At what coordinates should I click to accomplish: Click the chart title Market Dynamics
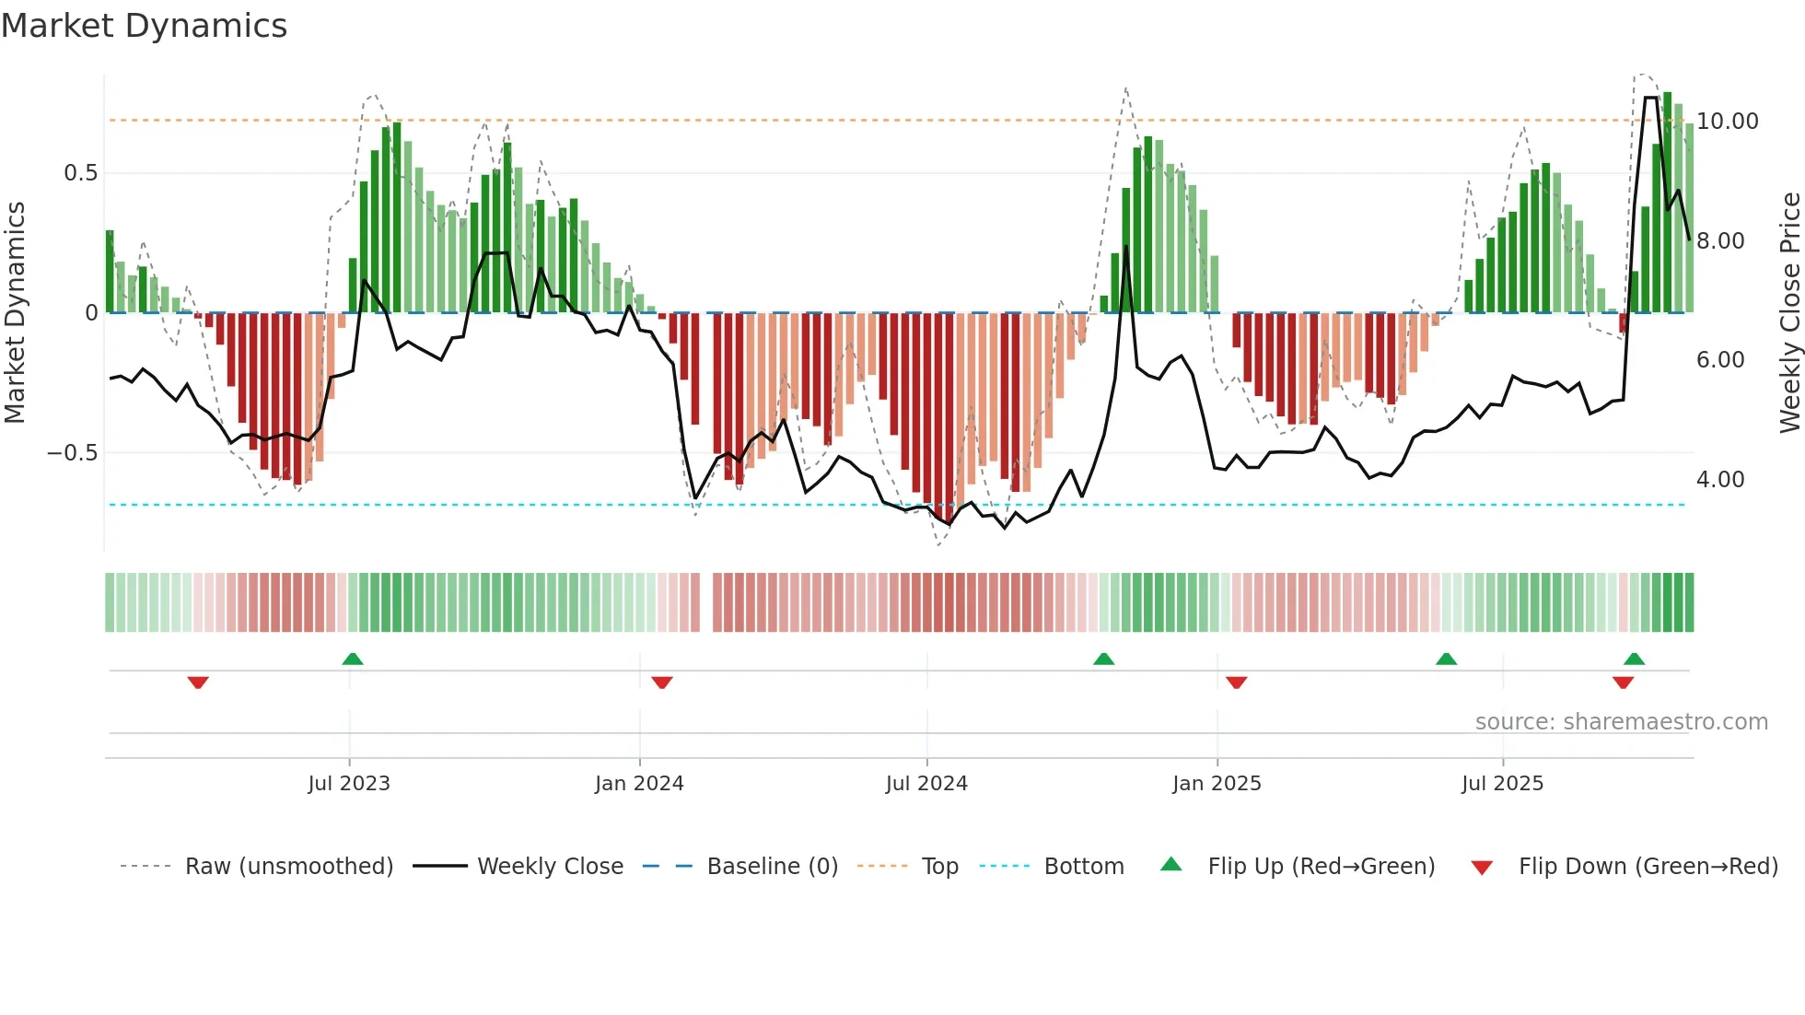[x=144, y=26]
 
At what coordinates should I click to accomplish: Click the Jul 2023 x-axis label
[x=349, y=784]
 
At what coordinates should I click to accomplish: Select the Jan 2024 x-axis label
[x=639, y=784]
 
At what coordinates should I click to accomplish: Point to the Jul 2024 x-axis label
[x=926, y=784]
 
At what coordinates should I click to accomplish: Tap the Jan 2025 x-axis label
[x=1217, y=784]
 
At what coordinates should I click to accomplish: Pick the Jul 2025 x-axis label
[x=1502, y=784]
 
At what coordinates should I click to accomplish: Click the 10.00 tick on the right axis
[x=1727, y=122]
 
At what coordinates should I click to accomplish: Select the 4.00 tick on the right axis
[x=1719, y=480]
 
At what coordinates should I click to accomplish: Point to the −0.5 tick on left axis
[x=72, y=453]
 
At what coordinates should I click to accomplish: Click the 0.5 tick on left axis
[x=80, y=173]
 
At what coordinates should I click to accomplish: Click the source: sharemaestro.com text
[x=1621, y=722]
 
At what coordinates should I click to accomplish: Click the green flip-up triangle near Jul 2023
[x=353, y=659]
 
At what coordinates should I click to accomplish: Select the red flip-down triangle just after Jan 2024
[x=662, y=682]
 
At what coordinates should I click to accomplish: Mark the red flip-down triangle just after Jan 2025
[x=1237, y=682]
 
